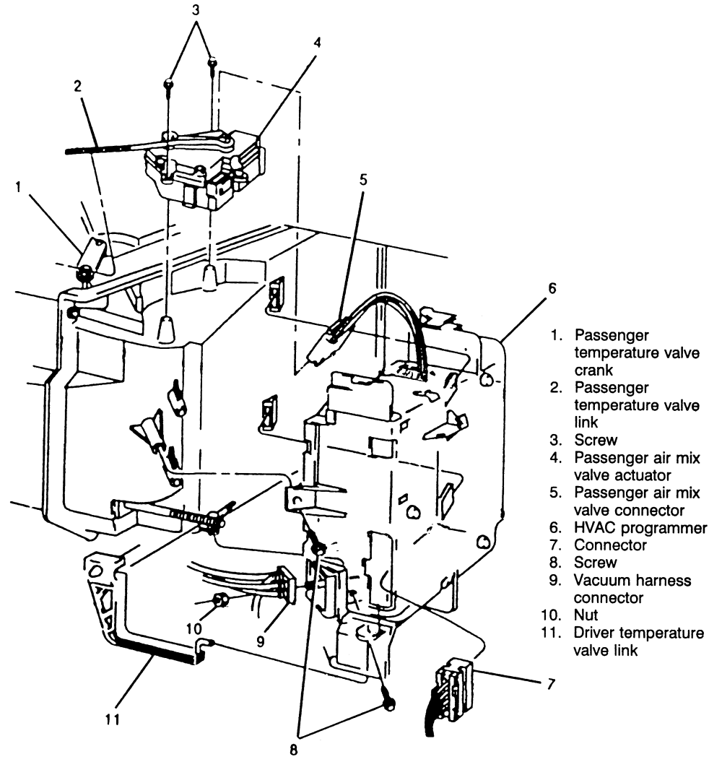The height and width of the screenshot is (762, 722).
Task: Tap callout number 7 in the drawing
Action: coord(552,683)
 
